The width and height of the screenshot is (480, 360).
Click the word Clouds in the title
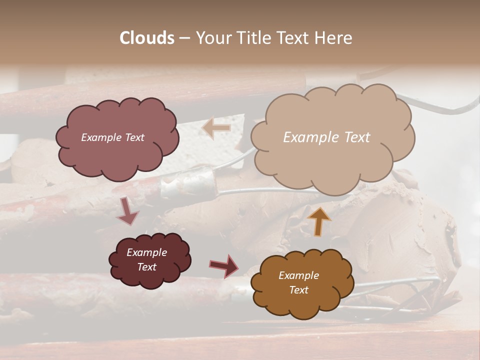[x=147, y=38]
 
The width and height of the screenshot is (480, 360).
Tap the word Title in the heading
[x=252, y=38]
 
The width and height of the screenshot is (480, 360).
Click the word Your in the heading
[x=213, y=38]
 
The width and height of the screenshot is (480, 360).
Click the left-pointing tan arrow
[x=216, y=128]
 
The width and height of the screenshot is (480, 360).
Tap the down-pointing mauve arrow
[x=127, y=211]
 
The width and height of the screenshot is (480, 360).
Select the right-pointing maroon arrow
[x=224, y=265]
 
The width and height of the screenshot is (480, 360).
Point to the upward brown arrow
[x=319, y=221]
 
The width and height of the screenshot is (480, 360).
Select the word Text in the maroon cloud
[x=147, y=267]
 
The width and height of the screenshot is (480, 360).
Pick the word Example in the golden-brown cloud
[x=298, y=275]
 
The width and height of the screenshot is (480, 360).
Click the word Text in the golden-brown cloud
[x=298, y=290]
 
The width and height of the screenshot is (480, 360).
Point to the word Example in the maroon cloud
[x=147, y=252]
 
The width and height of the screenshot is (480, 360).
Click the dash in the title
[x=184, y=38]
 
